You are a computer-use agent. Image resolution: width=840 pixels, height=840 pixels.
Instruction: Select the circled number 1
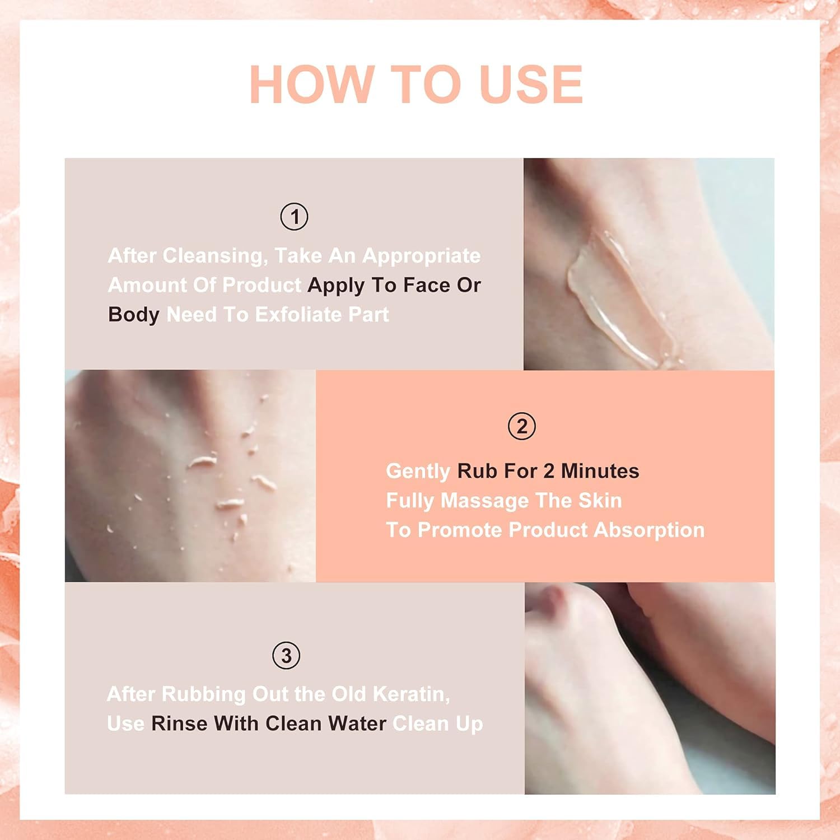click(x=294, y=217)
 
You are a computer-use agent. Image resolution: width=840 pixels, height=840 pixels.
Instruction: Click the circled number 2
click(x=522, y=427)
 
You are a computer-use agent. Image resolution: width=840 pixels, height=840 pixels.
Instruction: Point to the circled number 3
click(x=286, y=656)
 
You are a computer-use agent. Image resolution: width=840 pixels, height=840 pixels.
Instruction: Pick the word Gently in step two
click(x=418, y=472)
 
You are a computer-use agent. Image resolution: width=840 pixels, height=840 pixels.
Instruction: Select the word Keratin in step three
click(x=412, y=694)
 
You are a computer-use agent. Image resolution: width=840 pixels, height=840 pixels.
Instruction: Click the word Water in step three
click(x=357, y=724)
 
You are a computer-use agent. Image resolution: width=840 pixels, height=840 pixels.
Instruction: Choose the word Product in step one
click(x=262, y=286)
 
